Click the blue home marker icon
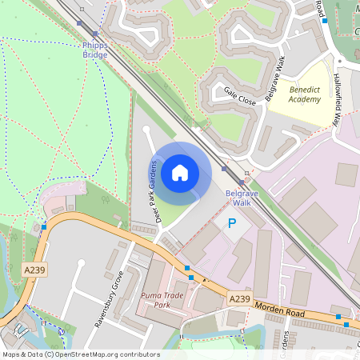(179, 172)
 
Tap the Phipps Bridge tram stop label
(94, 50)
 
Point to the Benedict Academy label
(305, 94)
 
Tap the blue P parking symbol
(232, 224)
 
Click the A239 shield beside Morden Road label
(238, 298)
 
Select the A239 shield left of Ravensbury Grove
(35, 270)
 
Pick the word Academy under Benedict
(305, 100)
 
